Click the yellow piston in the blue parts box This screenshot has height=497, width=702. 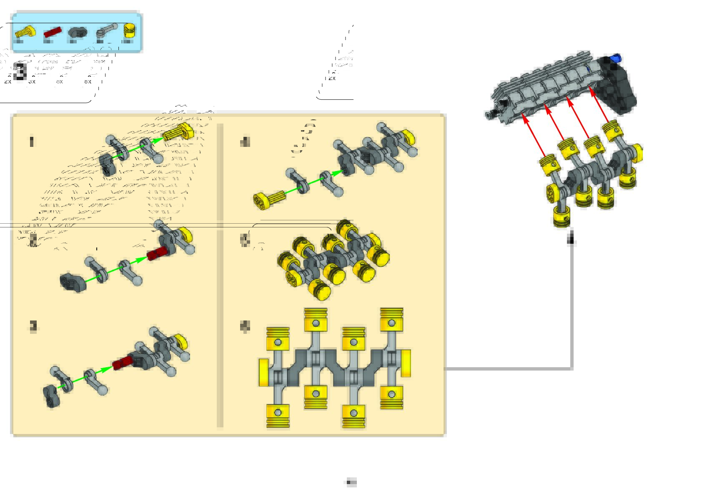coord(129,31)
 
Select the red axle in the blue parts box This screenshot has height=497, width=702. coord(53,33)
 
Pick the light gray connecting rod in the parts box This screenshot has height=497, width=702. coord(105,31)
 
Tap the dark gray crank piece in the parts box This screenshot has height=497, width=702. coord(77,33)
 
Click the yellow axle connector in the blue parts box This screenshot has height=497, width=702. coord(25,32)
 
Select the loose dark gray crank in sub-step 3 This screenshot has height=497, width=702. coord(52,396)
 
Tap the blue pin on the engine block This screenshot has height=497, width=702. coord(615,58)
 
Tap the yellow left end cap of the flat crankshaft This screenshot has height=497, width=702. coord(263,372)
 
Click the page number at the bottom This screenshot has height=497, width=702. coord(351,482)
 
